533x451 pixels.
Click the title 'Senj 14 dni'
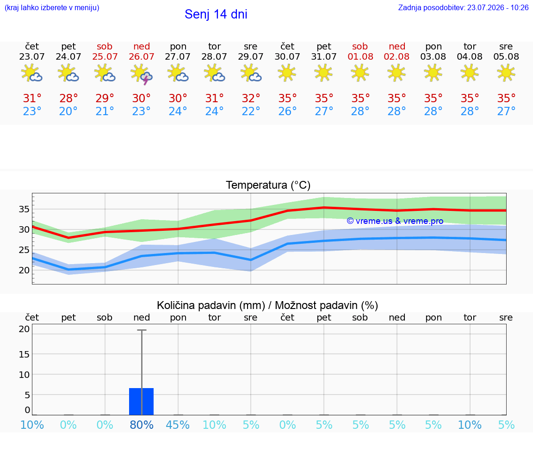[216, 14]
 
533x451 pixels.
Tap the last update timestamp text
[463, 8]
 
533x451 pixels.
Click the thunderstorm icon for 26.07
[142, 74]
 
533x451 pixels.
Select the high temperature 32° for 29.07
[251, 98]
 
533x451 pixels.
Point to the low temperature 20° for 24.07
[68, 111]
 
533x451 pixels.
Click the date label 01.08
[360, 56]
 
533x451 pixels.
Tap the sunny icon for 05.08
[506, 73]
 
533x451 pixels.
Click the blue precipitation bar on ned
[142, 402]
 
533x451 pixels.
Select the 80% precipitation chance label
[142, 425]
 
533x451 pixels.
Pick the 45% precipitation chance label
[178, 425]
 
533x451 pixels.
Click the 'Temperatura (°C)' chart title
[268, 185]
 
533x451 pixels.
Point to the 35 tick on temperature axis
[24, 209]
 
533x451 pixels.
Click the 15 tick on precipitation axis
[24, 354]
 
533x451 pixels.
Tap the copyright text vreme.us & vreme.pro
[395, 221]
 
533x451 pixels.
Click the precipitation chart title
[267, 305]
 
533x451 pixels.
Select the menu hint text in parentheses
[52, 8]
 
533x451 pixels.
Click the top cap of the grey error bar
[142, 330]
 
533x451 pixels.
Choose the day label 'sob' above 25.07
[105, 46]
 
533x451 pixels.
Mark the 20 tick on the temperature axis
[24, 270]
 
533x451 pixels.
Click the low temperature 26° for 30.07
[288, 111]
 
